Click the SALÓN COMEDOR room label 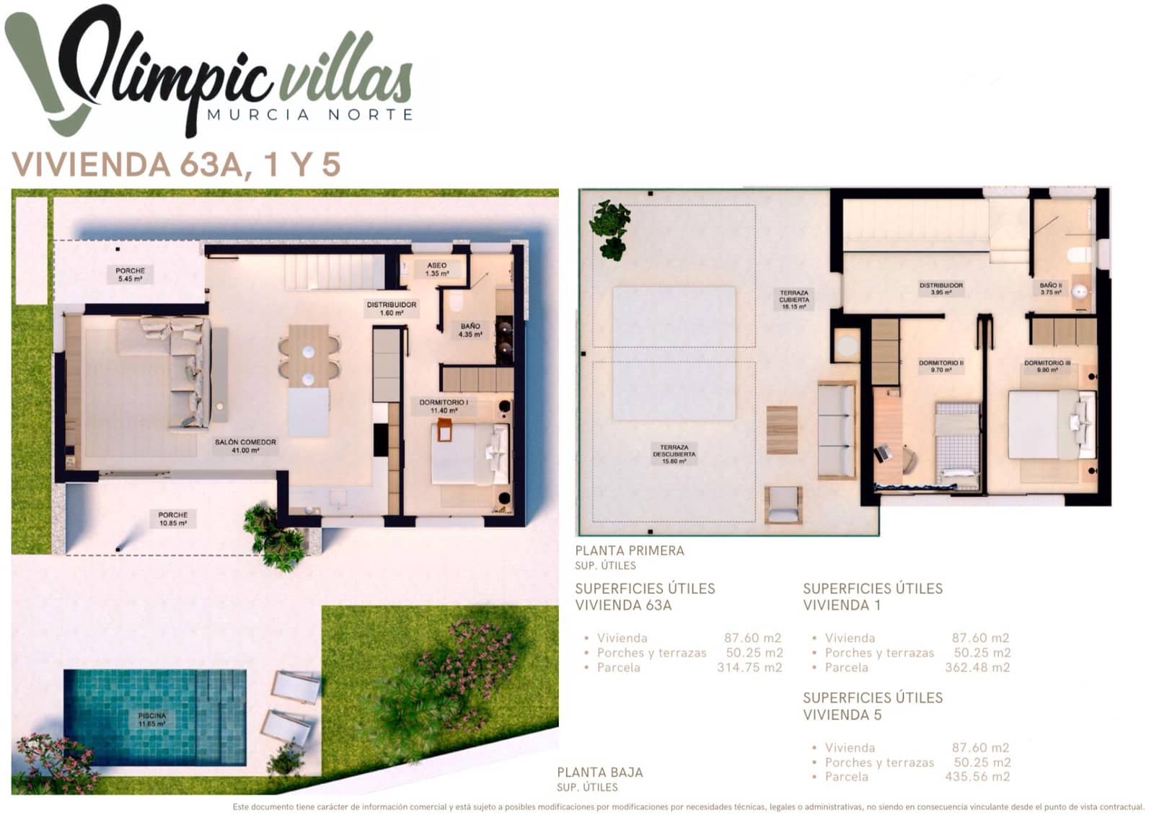coord(245,446)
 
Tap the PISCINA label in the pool coord(152,719)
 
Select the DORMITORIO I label coord(444,406)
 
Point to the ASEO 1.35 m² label coord(436,269)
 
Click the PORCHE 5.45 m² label coord(130,274)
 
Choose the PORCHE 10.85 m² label coord(173,519)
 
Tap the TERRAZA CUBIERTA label coord(794,299)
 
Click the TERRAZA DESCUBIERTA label coord(674,454)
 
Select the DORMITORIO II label coord(941,366)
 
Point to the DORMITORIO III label coord(1047,366)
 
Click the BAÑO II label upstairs coord(1051,288)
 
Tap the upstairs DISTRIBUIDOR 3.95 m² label coord(941,288)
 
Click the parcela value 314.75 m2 coord(749,668)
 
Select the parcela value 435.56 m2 coord(977,777)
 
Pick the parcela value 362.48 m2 coord(977,668)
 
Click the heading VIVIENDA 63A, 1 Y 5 coord(176,164)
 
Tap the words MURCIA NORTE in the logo coord(310,115)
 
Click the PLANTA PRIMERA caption coord(630,550)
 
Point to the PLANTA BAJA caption coord(600,772)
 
